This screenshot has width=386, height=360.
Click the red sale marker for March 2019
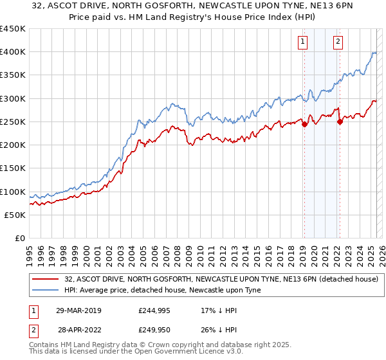[x=304, y=124]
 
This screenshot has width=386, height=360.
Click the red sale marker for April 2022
[x=340, y=122]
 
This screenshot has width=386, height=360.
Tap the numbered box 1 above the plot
[x=302, y=42]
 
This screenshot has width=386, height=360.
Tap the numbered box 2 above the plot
[x=338, y=42]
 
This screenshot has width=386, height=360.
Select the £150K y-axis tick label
[x=13, y=168]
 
